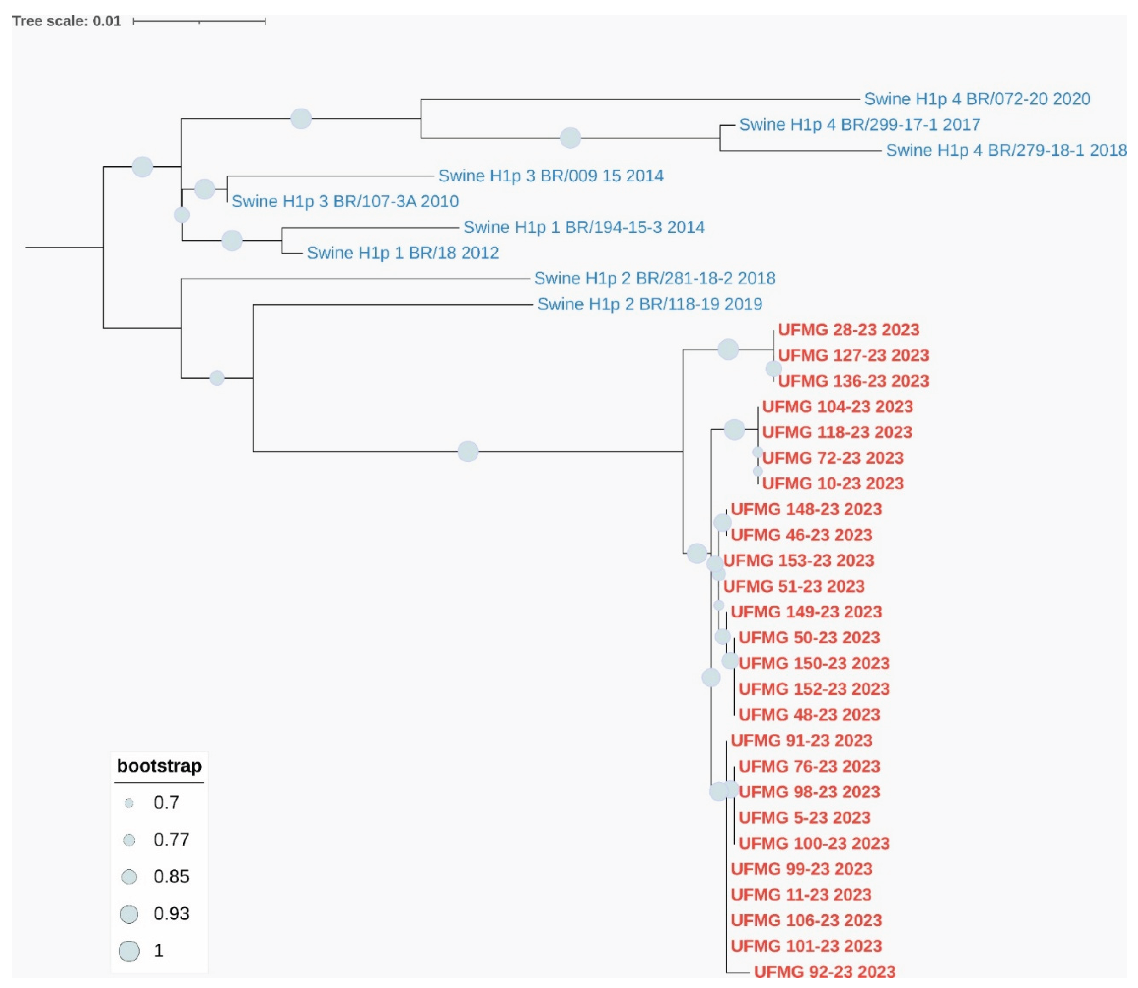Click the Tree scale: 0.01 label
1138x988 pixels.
click(x=66, y=21)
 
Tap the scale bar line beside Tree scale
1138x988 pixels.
click(x=199, y=21)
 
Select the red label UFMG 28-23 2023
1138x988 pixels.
click(x=849, y=330)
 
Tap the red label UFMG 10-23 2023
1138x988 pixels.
click(x=833, y=483)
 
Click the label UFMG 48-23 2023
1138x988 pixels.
click(x=809, y=715)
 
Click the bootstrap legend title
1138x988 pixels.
click(x=159, y=766)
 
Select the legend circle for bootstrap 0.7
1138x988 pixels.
click(x=129, y=803)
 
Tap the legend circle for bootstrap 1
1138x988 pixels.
click(x=129, y=951)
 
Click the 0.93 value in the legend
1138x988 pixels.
click(x=171, y=913)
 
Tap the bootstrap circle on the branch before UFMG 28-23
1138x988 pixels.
click(x=728, y=349)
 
